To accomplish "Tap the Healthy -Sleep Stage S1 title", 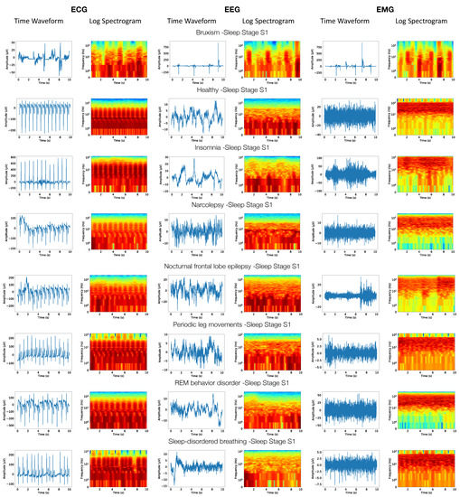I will (230, 91).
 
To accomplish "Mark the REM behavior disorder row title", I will (230, 382).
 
